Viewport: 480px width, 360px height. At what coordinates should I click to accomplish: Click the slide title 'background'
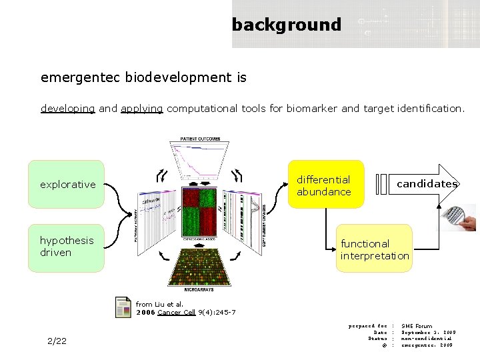286,25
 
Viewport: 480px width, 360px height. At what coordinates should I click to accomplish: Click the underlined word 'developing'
67,108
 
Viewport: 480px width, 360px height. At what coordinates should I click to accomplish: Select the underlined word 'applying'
141,108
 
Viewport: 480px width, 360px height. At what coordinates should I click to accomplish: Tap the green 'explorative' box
66,184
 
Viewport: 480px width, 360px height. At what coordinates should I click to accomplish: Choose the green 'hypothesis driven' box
66,247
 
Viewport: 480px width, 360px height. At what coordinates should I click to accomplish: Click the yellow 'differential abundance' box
325,185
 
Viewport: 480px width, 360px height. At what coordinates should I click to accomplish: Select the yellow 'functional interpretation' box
374,249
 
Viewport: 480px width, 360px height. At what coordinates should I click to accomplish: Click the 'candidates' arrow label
426,184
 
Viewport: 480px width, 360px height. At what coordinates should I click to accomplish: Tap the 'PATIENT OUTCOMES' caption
200,139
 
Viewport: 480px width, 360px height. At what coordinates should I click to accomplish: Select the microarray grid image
200,265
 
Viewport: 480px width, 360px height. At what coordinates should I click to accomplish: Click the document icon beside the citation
123,307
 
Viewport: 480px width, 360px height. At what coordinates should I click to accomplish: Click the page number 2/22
57,341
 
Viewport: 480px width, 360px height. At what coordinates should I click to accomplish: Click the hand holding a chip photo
460,217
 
